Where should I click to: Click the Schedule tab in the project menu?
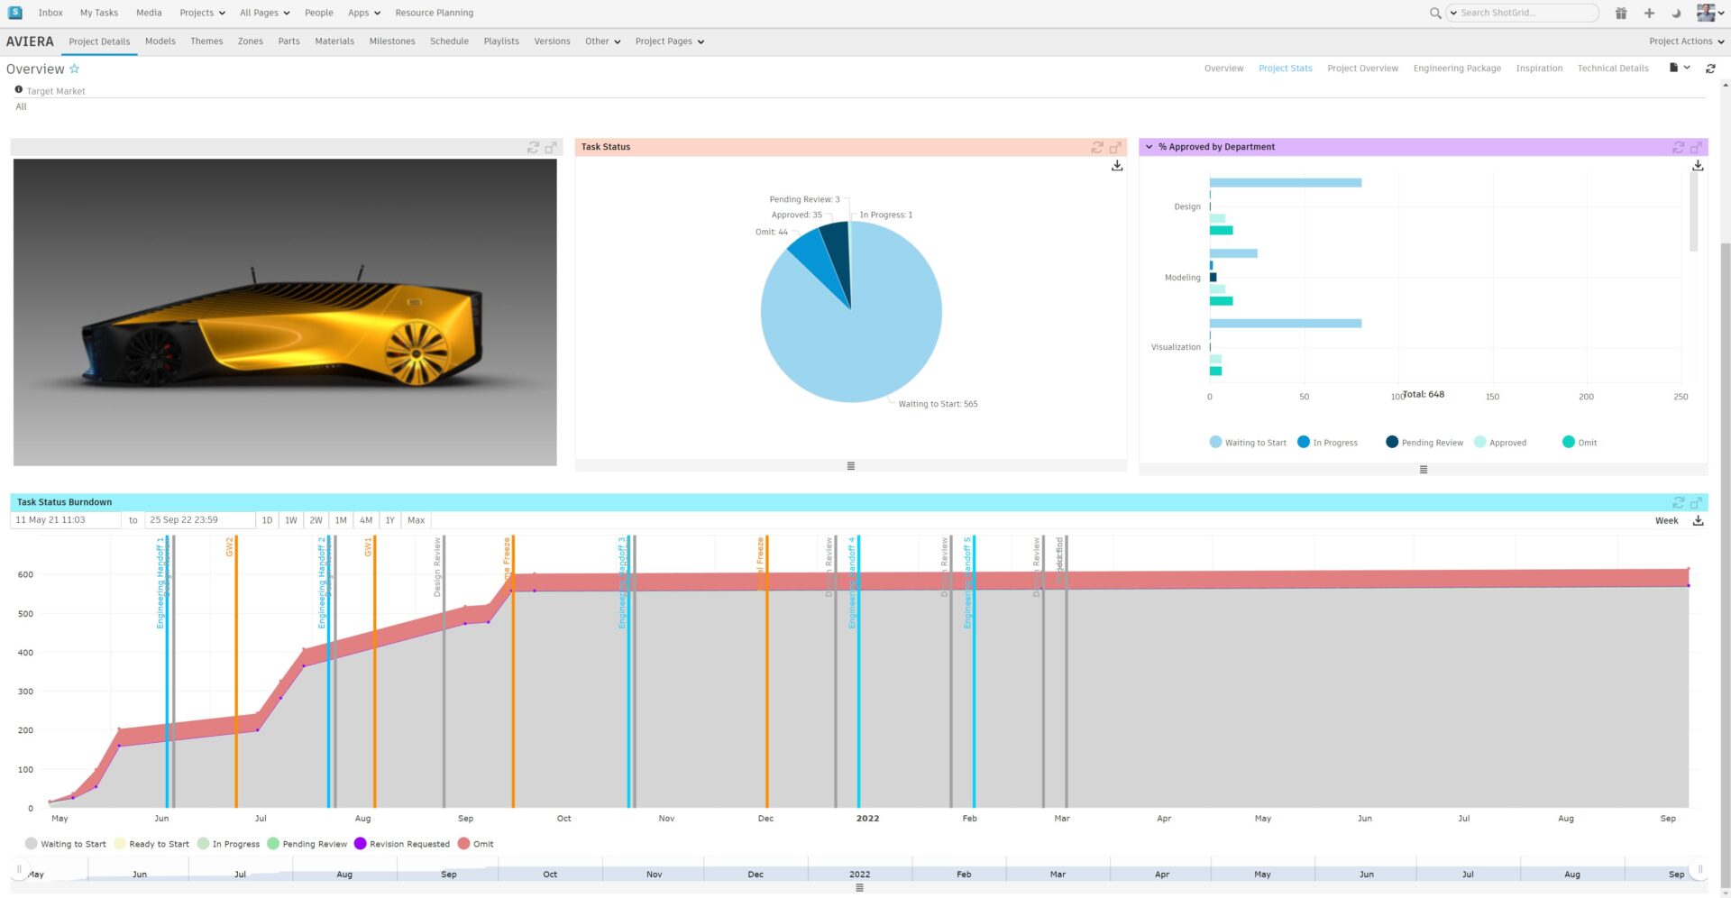pos(449,41)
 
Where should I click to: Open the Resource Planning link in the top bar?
pos(434,13)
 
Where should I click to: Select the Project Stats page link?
pos(1285,69)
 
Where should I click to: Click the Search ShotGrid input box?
pos(1525,13)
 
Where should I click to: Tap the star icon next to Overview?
pos(75,69)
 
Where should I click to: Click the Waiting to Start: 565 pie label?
pos(938,404)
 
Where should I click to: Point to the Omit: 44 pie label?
pos(771,232)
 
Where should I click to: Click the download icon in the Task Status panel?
pos(1117,166)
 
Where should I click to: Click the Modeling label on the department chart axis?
pos(1182,278)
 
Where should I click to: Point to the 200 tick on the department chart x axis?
pos(1586,397)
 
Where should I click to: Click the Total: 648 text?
pos(1424,394)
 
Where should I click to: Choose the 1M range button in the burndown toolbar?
pos(341,520)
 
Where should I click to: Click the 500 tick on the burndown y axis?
pos(25,614)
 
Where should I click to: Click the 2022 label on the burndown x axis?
pos(867,819)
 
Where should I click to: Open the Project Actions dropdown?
pos(1685,41)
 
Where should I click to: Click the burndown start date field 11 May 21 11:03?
pos(65,520)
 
